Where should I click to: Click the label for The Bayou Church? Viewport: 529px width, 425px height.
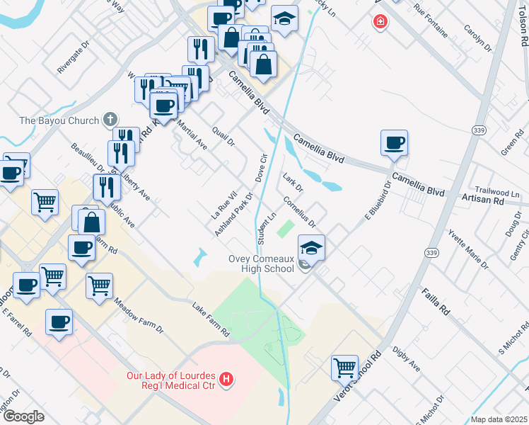tap(59, 120)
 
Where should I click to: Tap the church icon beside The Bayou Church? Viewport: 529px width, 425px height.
tap(110, 119)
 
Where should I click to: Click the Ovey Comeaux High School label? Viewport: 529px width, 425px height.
tap(261, 263)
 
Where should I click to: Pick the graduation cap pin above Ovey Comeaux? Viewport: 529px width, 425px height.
tap(311, 248)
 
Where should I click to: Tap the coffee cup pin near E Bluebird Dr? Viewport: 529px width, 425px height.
tap(394, 144)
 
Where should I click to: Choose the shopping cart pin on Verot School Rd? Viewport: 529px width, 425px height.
tap(344, 368)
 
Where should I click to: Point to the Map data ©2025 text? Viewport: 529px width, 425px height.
tap(498, 419)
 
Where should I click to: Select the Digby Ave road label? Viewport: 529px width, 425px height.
tap(406, 364)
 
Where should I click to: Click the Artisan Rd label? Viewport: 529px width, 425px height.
tap(488, 201)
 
